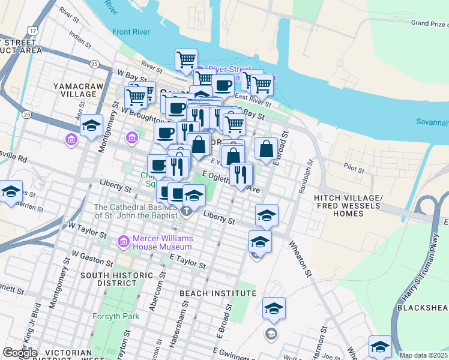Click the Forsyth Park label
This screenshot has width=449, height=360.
pyautogui.click(x=116, y=316)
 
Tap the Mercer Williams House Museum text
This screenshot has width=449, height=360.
pyautogui.click(x=162, y=242)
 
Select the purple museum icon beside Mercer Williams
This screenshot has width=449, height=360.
pyautogui.click(x=124, y=241)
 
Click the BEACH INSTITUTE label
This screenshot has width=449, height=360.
pyautogui.click(x=218, y=293)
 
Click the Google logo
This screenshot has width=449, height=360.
pyautogui.click(x=20, y=352)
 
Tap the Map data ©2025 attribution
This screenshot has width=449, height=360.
pyautogui.click(x=424, y=355)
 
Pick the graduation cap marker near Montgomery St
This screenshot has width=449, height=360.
pyautogui.click(x=91, y=126)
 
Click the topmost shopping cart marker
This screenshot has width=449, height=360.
pyautogui.click(x=187, y=59)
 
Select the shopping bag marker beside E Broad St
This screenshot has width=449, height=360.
pyautogui.click(x=266, y=148)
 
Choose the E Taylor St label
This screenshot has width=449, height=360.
pyautogui.click(x=187, y=260)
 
